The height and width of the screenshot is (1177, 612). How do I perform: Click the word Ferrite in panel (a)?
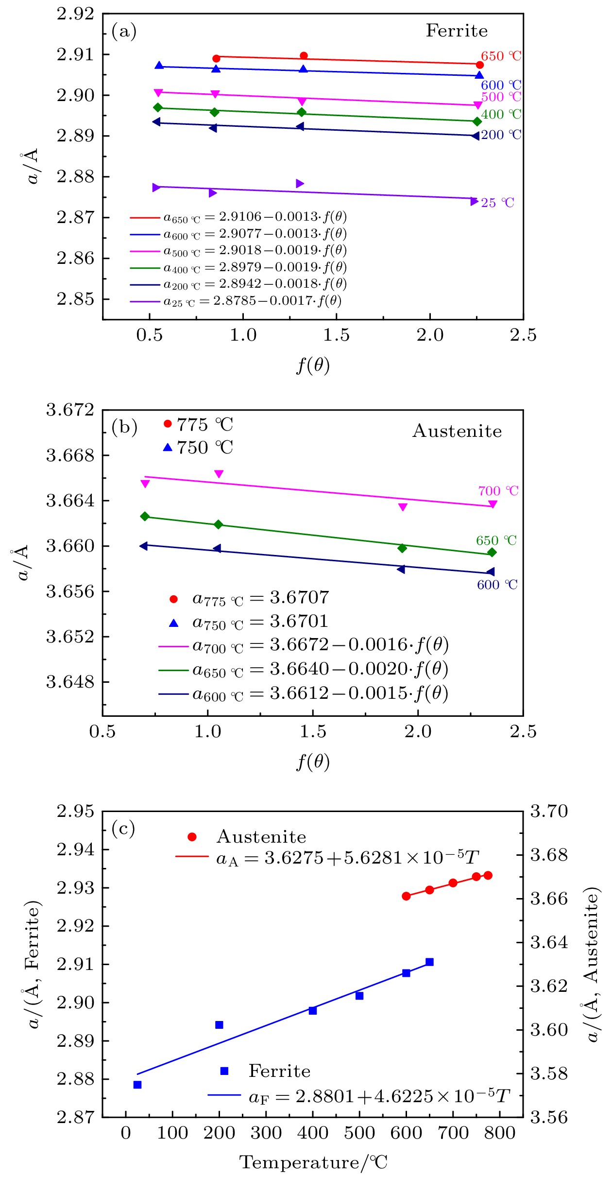click(x=457, y=31)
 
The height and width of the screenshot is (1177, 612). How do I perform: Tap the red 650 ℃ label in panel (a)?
click(x=501, y=56)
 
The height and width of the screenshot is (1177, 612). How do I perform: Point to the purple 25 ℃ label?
click(x=497, y=203)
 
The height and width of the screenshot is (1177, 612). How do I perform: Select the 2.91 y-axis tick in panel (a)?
click(x=75, y=54)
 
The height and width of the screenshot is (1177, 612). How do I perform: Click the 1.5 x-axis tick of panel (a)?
click(x=336, y=335)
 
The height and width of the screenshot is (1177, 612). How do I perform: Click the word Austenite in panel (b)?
click(x=457, y=431)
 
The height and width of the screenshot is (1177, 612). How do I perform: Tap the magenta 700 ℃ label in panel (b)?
click(x=498, y=491)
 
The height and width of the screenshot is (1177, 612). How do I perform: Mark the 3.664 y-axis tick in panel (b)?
click(x=70, y=501)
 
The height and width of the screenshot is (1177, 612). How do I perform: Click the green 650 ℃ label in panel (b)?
click(x=496, y=540)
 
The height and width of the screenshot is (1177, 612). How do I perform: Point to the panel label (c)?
click(x=123, y=828)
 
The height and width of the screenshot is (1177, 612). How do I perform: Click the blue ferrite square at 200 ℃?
click(x=219, y=1025)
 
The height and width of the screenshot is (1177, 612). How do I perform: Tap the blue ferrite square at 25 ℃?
click(x=137, y=1085)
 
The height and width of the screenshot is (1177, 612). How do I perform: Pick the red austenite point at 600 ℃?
click(x=406, y=896)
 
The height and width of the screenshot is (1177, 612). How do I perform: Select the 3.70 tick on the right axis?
click(x=549, y=811)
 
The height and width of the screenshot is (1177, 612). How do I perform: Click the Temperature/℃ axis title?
click(x=313, y=1162)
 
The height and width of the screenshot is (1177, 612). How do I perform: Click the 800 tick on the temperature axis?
click(x=500, y=1133)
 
